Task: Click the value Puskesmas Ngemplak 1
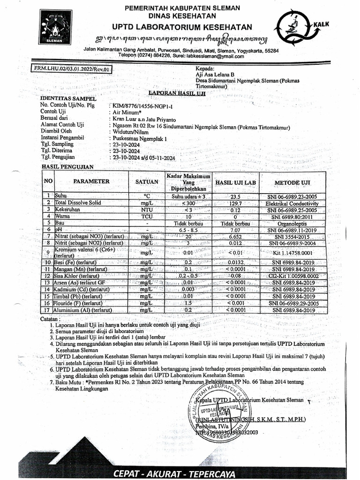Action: (140, 139)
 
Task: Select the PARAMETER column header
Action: (91, 181)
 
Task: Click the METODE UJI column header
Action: (292, 182)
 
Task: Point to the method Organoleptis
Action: (292, 224)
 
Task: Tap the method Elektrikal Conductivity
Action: (292, 204)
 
